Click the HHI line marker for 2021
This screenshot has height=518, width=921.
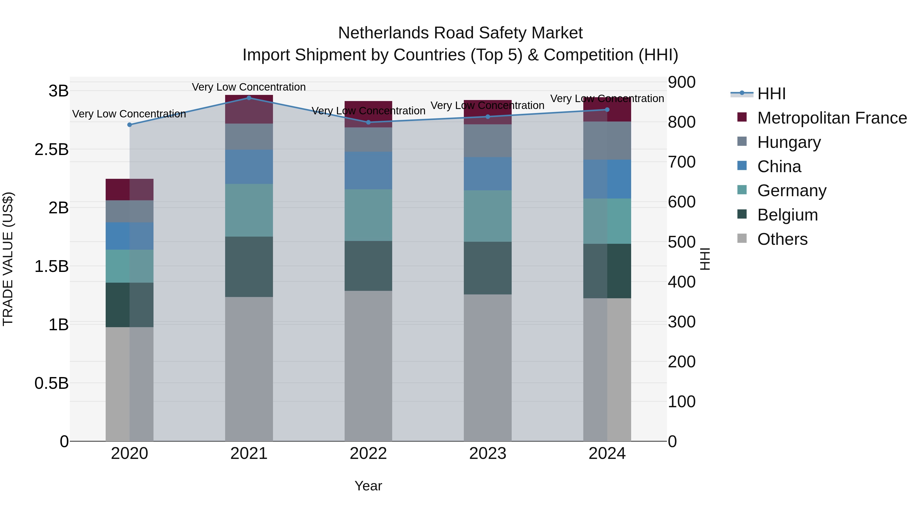pyautogui.click(x=249, y=98)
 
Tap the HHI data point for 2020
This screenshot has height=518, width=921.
pyautogui.click(x=129, y=125)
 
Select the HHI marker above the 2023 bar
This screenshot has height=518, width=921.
pyautogui.click(x=488, y=117)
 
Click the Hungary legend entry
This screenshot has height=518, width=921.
pyautogui.click(x=789, y=142)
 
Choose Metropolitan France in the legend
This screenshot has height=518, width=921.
pyautogui.click(x=832, y=118)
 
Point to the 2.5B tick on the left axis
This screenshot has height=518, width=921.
pyautogui.click(x=51, y=149)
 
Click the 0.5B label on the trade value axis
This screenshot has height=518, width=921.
pyautogui.click(x=51, y=383)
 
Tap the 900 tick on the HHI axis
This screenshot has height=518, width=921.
pyautogui.click(x=682, y=82)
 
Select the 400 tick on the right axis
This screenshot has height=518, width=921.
pyautogui.click(x=682, y=282)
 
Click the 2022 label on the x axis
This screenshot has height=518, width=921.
pyautogui.click(x=368, y=454)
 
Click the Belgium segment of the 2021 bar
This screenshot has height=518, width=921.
pyautogui.click(x=249, y=267)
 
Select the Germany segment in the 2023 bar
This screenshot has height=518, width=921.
pyautogui.click(x=488, y=216)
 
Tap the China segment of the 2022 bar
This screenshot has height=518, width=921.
pyautogui.click(x=368, y=171)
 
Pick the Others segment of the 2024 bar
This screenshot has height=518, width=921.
pyautogui.click(x=607, y=370)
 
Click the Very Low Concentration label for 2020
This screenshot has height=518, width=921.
pyautogui.click(x=129, y=114)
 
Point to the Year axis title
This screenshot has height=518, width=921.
pyautogui.click(x=368, y=486)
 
